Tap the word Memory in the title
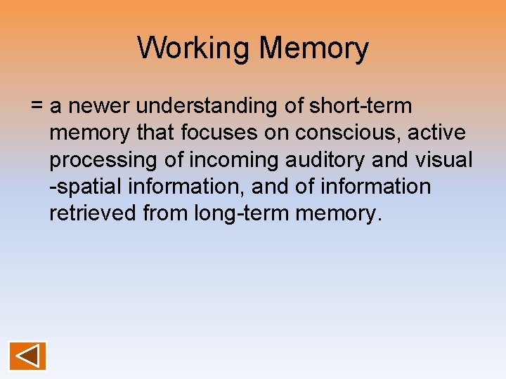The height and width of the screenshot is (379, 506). [313, 48]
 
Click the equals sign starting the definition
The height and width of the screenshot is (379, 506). [37, 107]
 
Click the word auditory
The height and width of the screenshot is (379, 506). [325, 160]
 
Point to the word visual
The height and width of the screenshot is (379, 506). [444, 160]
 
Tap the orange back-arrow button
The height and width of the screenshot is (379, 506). [28, 356]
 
